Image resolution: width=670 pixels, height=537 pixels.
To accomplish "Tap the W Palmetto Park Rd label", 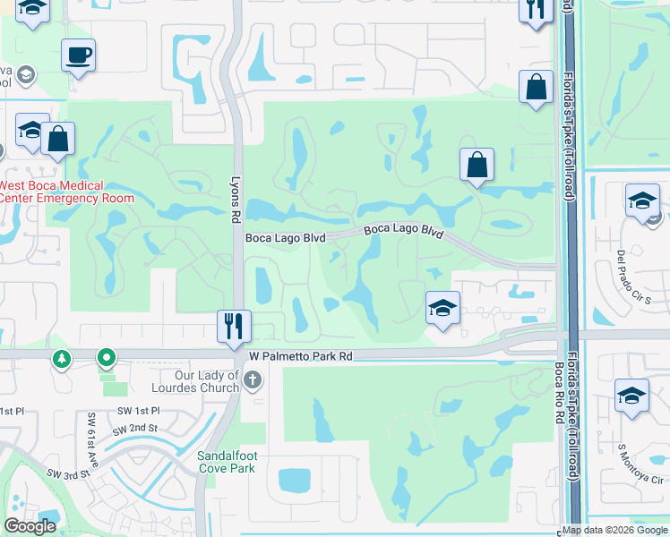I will (300, 356).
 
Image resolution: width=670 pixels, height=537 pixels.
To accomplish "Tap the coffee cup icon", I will (78, 55).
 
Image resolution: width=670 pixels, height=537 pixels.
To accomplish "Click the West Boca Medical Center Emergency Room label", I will (66, 192).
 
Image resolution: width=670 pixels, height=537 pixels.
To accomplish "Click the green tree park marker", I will (62, 359).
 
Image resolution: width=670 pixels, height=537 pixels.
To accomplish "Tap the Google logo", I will (30, 526).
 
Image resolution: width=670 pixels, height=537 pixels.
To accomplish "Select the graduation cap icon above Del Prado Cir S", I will (642, 200).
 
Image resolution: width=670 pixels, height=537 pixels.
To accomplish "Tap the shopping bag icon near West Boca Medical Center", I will (57, 139).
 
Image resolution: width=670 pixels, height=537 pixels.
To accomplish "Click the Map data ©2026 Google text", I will (614, 530).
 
